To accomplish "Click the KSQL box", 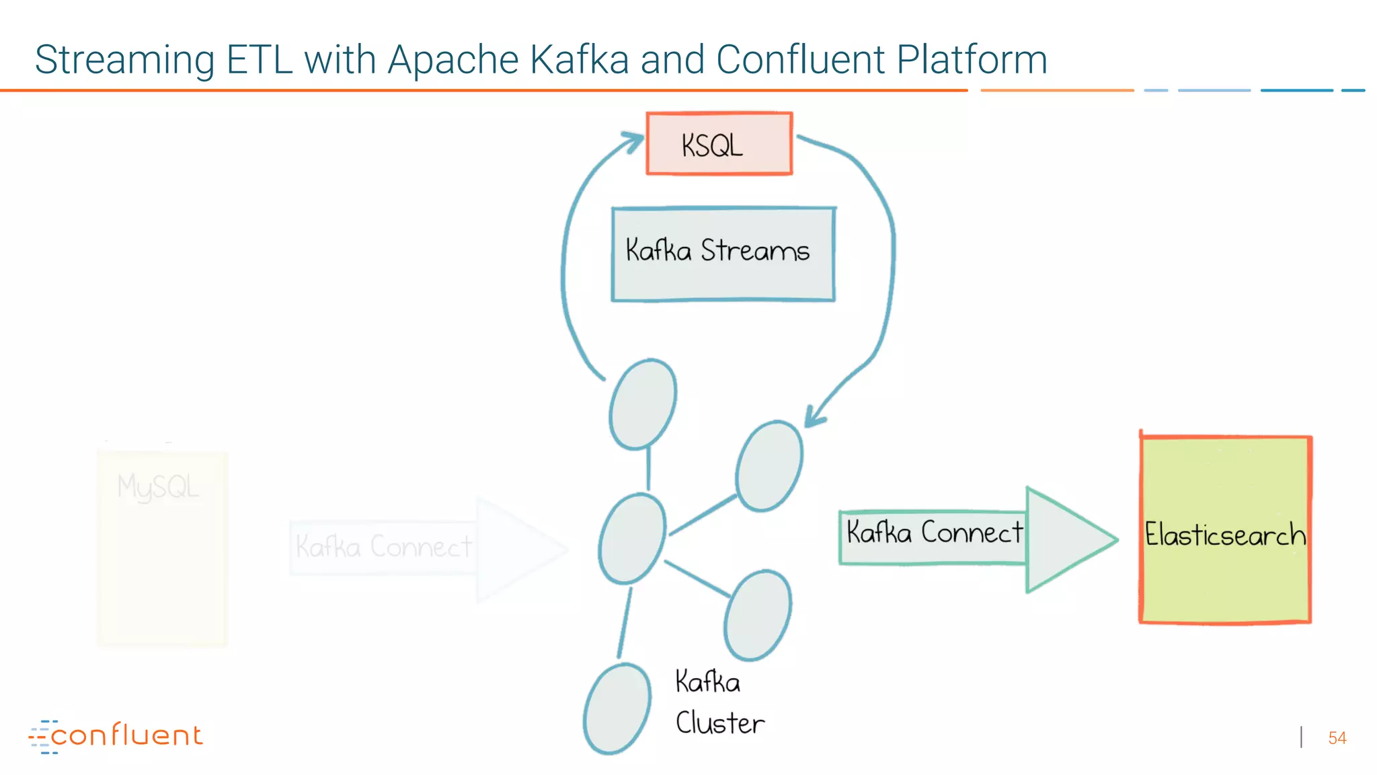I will click(x=719, y=144).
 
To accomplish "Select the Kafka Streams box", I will click(x=723, y=254).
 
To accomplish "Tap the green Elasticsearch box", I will click(x=1225, y=529).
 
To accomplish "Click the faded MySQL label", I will click(x=158, y=487).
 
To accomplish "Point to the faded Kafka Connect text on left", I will click(x=383, y=546).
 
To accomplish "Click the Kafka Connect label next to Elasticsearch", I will click(x=934, y=533).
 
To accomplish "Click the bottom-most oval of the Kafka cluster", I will click(x=617, y=708).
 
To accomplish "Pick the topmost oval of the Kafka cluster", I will click(x=643, y=404).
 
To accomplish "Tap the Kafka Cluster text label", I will click(x=718, y=702).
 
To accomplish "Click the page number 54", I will click(x=1337, y=738).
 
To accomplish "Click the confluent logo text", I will click(x=127, y=735).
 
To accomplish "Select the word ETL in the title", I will click(x=259, y=59).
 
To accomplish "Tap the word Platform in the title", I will click(x=972, y=59).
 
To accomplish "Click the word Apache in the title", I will click(x=453, y=59).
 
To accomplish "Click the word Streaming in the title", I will click(x=124, y=59).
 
